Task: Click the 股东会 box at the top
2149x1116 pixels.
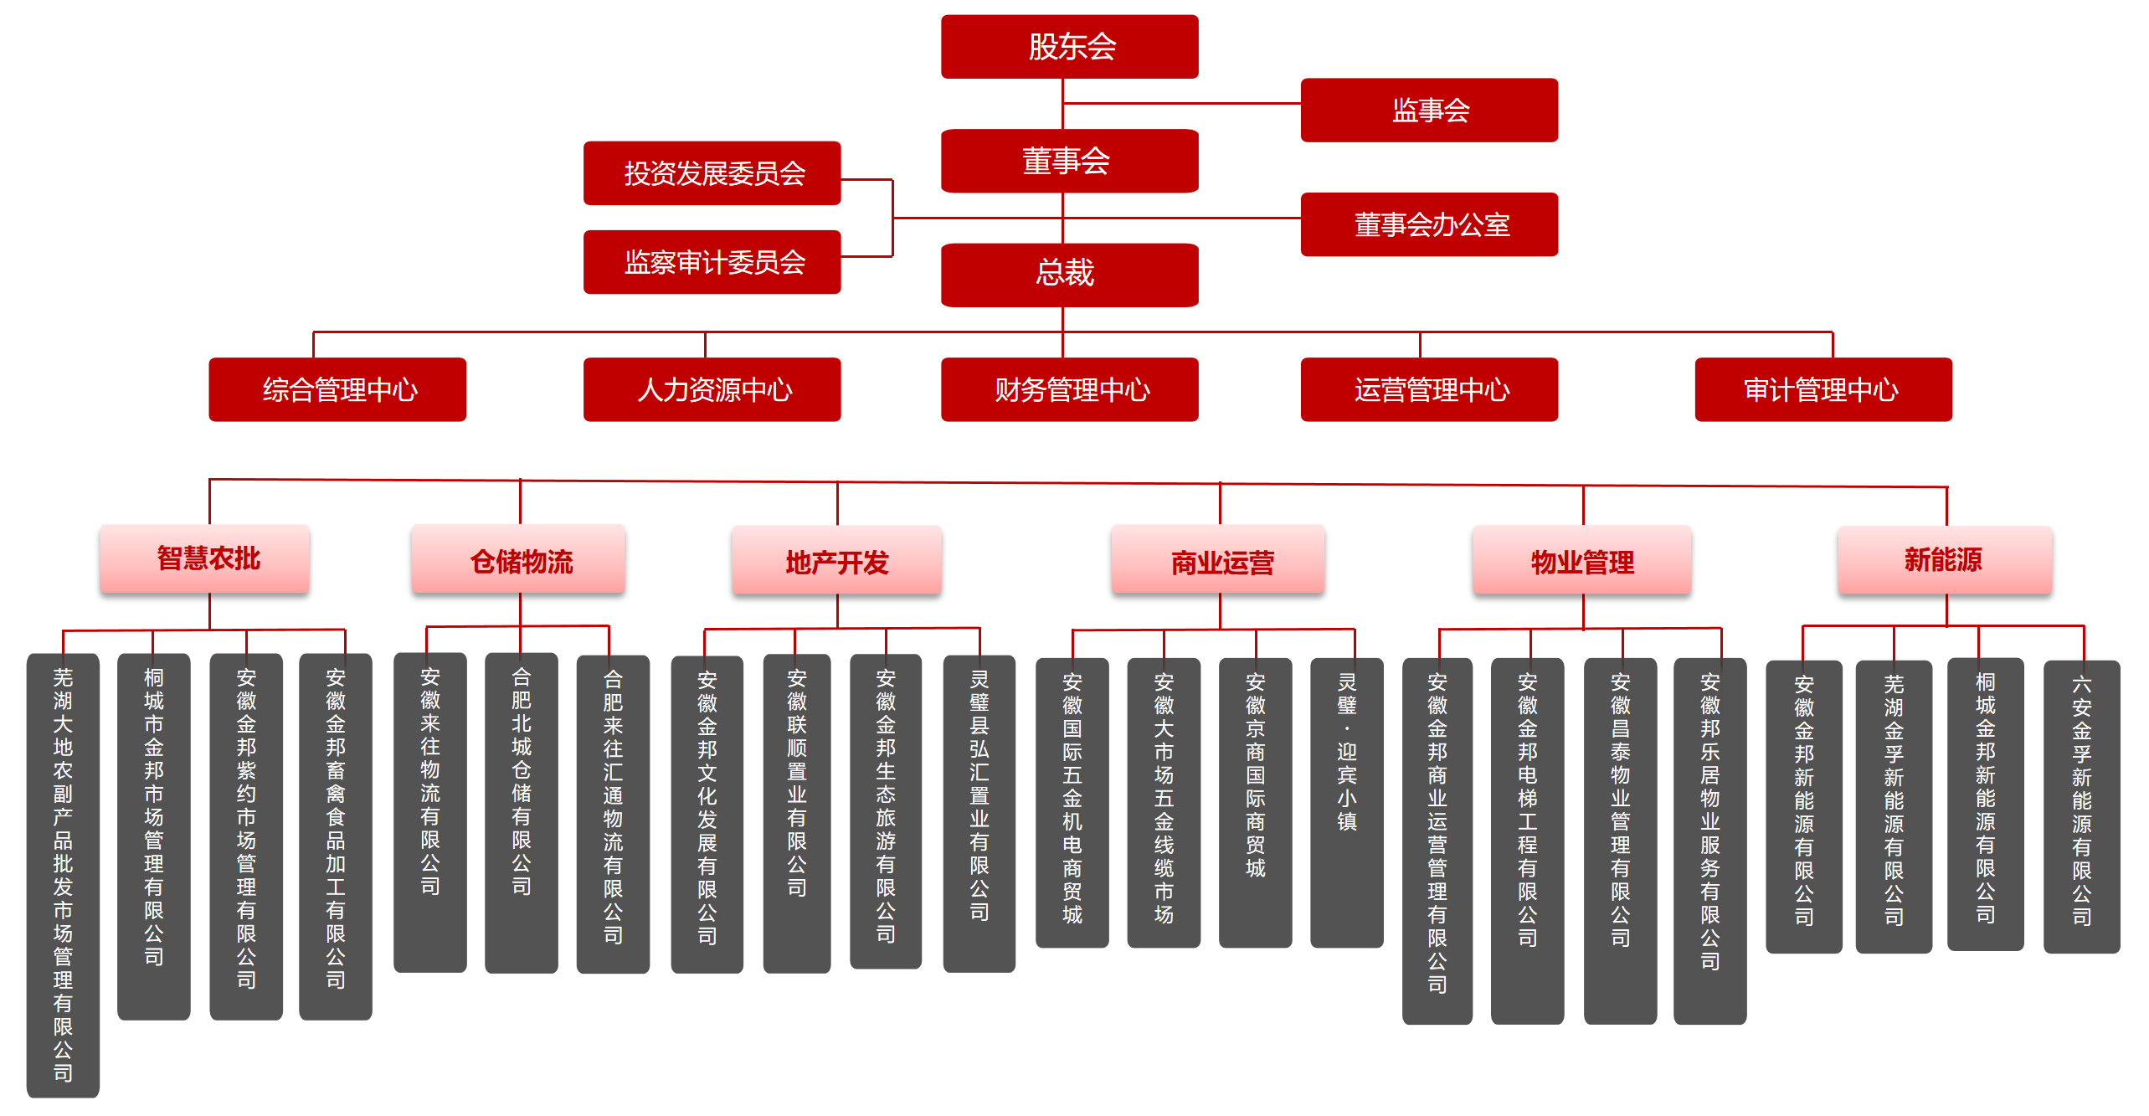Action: (x=1069, y=47)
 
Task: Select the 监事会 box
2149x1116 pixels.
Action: (x=1428, y=111)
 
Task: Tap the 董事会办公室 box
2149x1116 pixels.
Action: (x=1428, y=224)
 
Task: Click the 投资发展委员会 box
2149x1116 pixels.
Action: (x=712, y=173)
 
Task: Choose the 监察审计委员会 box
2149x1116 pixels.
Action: (x=712, y=262)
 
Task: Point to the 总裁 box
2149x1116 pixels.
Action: (x=1069, y=275)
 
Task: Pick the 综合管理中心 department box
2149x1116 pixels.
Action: (x=337, y=389)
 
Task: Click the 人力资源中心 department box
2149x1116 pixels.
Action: (x=712, y=389)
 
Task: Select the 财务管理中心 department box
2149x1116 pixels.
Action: (x=1069, y=389)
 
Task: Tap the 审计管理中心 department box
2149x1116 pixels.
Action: (x=1823, y=389)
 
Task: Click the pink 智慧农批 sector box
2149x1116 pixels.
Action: (x=205, y=559)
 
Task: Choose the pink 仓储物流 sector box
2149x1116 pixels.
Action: (x=518, y=559)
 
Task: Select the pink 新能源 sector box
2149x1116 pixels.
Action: (x=1944, y=559)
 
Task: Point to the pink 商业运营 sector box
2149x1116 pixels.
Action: (x=1218, y=561)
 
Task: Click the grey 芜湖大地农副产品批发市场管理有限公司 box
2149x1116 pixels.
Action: (x=63, y=875)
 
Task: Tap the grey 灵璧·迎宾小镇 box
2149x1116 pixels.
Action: (x=1346, y=802)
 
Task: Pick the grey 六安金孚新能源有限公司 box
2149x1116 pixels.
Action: (x=2081, y=806)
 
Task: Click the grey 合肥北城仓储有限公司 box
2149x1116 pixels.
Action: (x=521, y=812)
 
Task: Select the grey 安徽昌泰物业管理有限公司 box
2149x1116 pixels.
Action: (x=1620, y=840)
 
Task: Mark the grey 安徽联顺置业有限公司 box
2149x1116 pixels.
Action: (x=796, y=812)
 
